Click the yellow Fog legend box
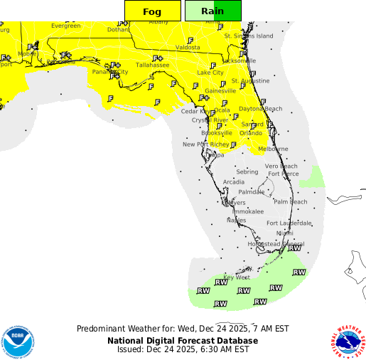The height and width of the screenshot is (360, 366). point(151,11)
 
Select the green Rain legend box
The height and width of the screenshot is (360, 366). point(213,11)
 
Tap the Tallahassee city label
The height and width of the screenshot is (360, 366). point(153,65)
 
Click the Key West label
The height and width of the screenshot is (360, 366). point(237,277)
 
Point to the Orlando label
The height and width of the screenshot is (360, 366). point(250,133)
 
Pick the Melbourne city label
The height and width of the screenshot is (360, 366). point(273,149)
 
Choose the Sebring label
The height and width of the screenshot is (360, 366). point(247,172)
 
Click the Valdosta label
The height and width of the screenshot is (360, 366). point(188,48)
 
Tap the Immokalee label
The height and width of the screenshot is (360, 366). point(247,212)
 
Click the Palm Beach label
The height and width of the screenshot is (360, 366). point(290,202)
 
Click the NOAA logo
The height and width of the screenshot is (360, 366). point(17,342)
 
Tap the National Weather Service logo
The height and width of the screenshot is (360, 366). point(347,342)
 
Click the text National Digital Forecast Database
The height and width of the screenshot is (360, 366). point(183,340)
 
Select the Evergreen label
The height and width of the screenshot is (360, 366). point(65,26)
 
